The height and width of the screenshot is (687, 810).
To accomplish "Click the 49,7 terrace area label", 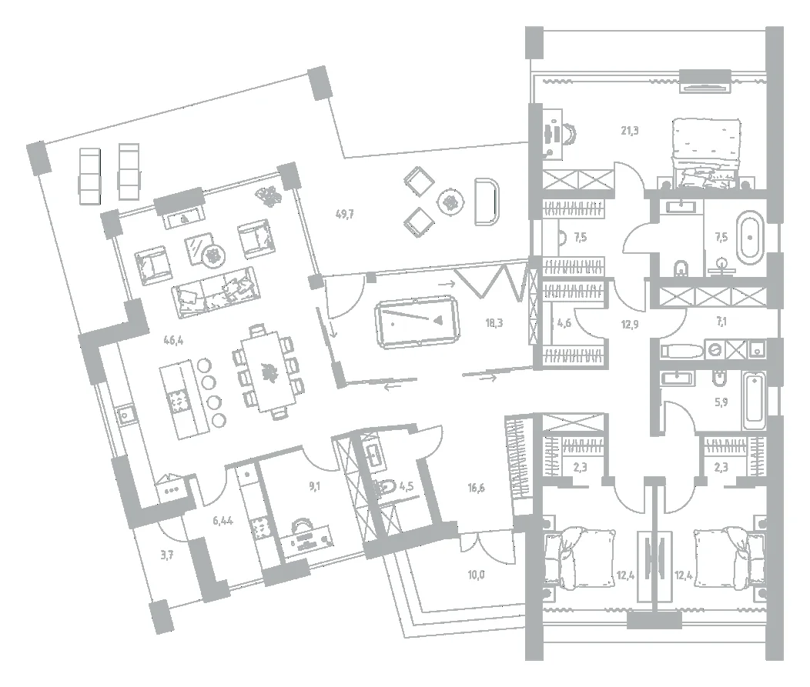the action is click(x=345, y=214).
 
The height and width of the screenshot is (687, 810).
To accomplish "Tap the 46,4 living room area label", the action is click(x=173, y=340).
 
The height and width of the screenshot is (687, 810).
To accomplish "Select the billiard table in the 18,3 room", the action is click(x=417, y=321).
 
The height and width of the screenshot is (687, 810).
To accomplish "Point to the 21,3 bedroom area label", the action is click(x=630, y=131).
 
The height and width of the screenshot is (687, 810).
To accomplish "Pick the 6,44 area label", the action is click(x=223, y=520).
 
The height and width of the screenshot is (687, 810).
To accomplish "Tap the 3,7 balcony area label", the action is click(x=166, y=555).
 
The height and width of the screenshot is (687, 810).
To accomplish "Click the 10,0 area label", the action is click(x=477, y=575).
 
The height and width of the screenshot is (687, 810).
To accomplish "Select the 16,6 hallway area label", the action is click(x=477, y=487).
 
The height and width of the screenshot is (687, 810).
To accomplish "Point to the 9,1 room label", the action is click(x=315, y=485).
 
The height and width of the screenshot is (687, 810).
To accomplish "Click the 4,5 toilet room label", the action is click(x=406, y=485).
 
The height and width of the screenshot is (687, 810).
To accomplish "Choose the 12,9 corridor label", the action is click(x=630, y=325).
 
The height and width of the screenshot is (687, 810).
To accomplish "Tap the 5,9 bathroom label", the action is click(x=721, y=402).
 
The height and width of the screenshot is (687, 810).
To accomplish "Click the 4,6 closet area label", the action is click(x=564, y=324).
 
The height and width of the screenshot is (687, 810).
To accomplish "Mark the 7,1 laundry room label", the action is click(x=721, y=322).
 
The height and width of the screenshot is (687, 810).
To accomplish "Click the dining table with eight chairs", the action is click(x=268, y=371).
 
